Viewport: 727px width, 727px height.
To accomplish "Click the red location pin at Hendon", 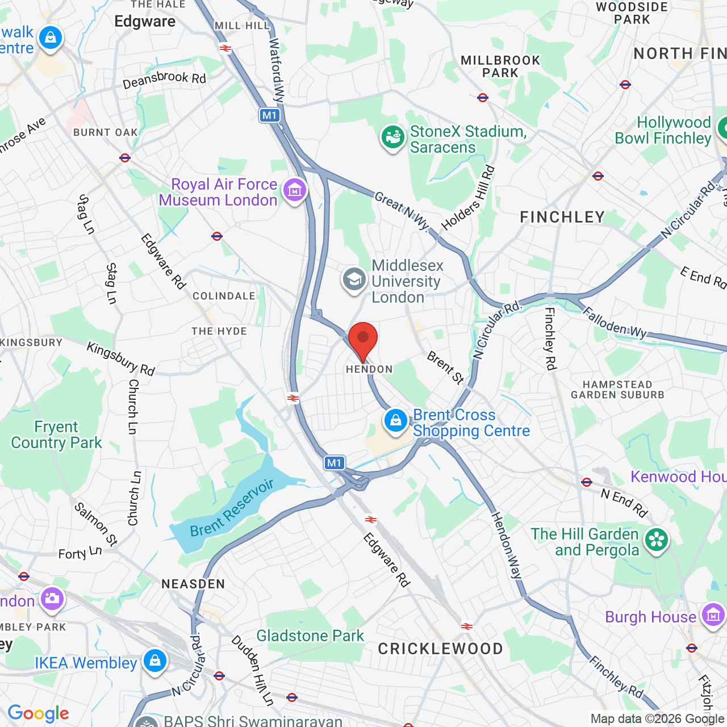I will (x=362, y=339).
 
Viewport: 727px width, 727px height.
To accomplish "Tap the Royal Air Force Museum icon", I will (x=295, y=190).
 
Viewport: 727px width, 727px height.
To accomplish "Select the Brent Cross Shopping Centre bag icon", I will (x=395, y=421).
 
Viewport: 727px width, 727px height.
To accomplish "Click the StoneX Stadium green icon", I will (x=392, y=137).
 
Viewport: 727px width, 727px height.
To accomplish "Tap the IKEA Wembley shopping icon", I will (x=154, y=661).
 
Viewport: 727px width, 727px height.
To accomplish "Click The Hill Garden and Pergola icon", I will (x=657, y=540).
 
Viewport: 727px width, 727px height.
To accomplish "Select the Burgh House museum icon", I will (x=713, y=615).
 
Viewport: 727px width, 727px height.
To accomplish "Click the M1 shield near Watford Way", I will (x=269, y=115).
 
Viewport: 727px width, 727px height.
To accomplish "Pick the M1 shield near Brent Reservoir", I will (x=335, y=463).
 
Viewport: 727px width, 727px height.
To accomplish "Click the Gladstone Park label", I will (x=310, y=636).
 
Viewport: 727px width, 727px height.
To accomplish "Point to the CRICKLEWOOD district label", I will (x=440, y=649).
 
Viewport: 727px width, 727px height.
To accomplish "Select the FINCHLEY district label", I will (x=562, y=217).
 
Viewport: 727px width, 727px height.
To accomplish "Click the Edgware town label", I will (x=145, y=22).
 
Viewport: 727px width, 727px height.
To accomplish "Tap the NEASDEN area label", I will (x=193, y=584).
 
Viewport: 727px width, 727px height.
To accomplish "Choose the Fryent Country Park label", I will (x=56, y=434).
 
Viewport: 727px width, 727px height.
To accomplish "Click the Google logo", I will (x=38, y=713).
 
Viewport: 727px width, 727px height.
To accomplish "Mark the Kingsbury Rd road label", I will (x=120, y=359).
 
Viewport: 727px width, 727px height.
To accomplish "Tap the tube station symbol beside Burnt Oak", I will (x=125, y=158).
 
